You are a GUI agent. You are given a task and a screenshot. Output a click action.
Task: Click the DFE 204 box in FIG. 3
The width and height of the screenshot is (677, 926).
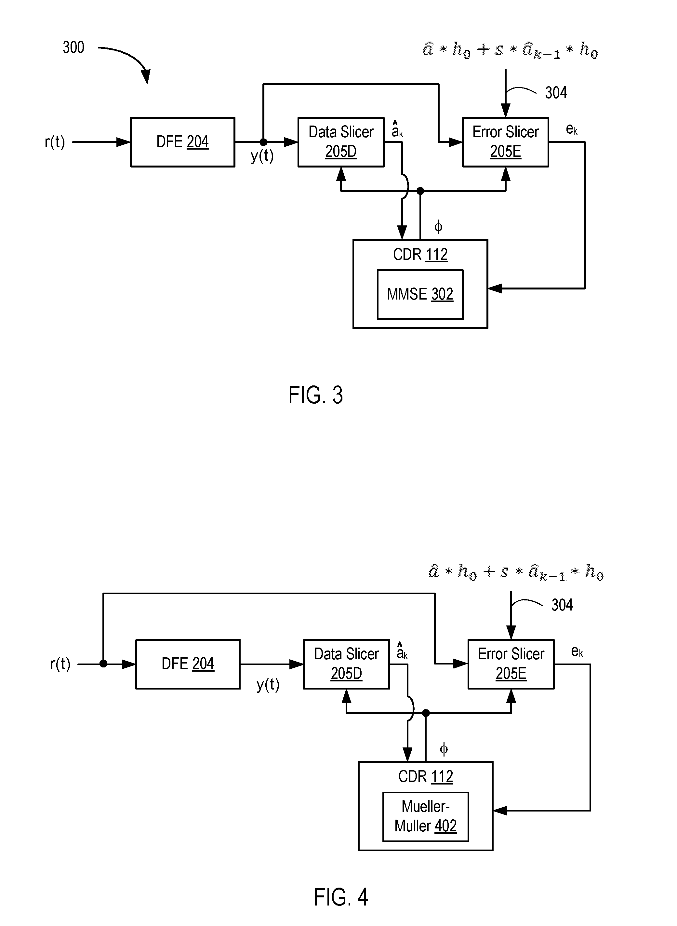point(182,142)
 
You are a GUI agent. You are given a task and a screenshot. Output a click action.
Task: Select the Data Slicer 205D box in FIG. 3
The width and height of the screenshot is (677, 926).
point(341,142)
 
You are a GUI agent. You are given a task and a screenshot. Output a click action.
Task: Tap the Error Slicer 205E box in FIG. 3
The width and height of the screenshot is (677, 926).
point(505,142)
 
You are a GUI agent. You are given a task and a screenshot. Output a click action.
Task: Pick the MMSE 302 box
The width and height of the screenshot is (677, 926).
point(420,294)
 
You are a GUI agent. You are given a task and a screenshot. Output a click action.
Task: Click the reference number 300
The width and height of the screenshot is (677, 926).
point(73,47)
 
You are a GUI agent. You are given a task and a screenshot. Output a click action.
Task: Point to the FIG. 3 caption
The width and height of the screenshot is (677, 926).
point(315,395)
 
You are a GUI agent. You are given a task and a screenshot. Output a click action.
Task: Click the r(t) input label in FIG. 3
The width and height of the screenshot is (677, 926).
point(55,142)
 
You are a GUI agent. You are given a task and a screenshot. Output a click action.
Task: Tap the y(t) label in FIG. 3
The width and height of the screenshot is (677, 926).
point(262,156)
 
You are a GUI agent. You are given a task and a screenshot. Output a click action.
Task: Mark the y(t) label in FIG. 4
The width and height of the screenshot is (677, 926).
point(268,685)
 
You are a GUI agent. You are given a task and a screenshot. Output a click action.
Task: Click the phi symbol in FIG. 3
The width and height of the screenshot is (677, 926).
point(438,226)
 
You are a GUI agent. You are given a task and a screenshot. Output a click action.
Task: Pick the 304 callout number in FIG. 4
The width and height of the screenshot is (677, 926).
point(562,605)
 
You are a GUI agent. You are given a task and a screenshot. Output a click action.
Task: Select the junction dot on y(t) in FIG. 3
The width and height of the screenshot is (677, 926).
point(263,142)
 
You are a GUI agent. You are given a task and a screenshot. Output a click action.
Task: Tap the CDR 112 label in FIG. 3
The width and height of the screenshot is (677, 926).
point(420,255)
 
